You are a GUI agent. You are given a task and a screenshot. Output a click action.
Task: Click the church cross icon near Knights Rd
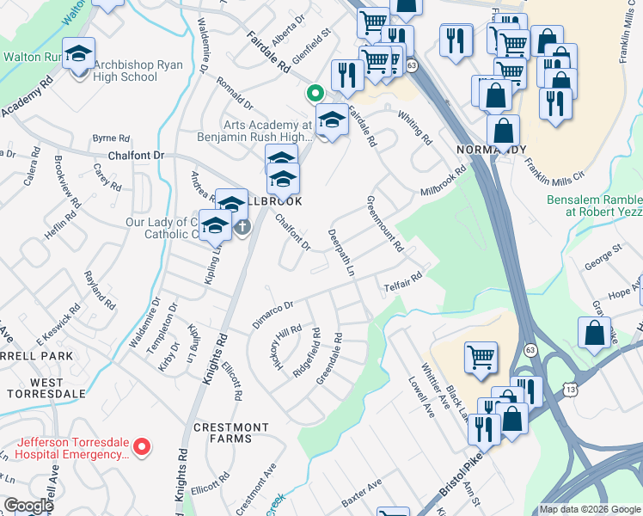pyautogui.click(x=242, y=227)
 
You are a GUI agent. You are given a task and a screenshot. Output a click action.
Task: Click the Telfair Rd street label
pyautogui.click(x=402, y=281)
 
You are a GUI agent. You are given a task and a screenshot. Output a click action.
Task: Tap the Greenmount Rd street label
pyautogui.click(x=385, y=223)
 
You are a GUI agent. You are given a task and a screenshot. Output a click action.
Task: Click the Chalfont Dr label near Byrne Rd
pyautogui.click(x=136, y=156)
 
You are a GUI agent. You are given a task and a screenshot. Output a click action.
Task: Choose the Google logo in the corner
pyautogui.click(x=28, y=506)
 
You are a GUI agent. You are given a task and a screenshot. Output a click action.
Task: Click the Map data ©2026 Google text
pyautogui.click(x=589, y=509)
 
